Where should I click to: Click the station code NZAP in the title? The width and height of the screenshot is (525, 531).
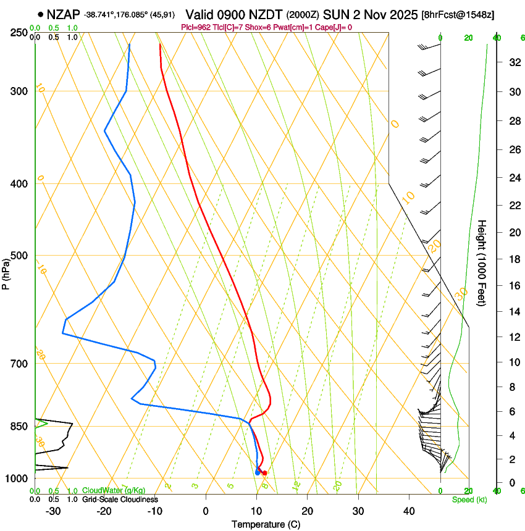click(64, 14)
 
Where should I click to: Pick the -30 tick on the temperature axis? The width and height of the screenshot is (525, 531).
click(53, 511)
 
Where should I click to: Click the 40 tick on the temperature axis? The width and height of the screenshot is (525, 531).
click(408, 511)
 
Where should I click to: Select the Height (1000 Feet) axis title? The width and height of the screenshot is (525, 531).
click(482, 262)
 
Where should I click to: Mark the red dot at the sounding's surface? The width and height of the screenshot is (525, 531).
click(264, 473)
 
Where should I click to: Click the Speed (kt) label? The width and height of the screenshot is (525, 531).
click(469, 500)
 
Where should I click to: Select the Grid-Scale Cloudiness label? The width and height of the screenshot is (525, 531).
click(119, 499)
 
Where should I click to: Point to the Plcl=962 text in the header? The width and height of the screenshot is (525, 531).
click(197, 27)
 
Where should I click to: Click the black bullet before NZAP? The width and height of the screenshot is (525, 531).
click(41, 14)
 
